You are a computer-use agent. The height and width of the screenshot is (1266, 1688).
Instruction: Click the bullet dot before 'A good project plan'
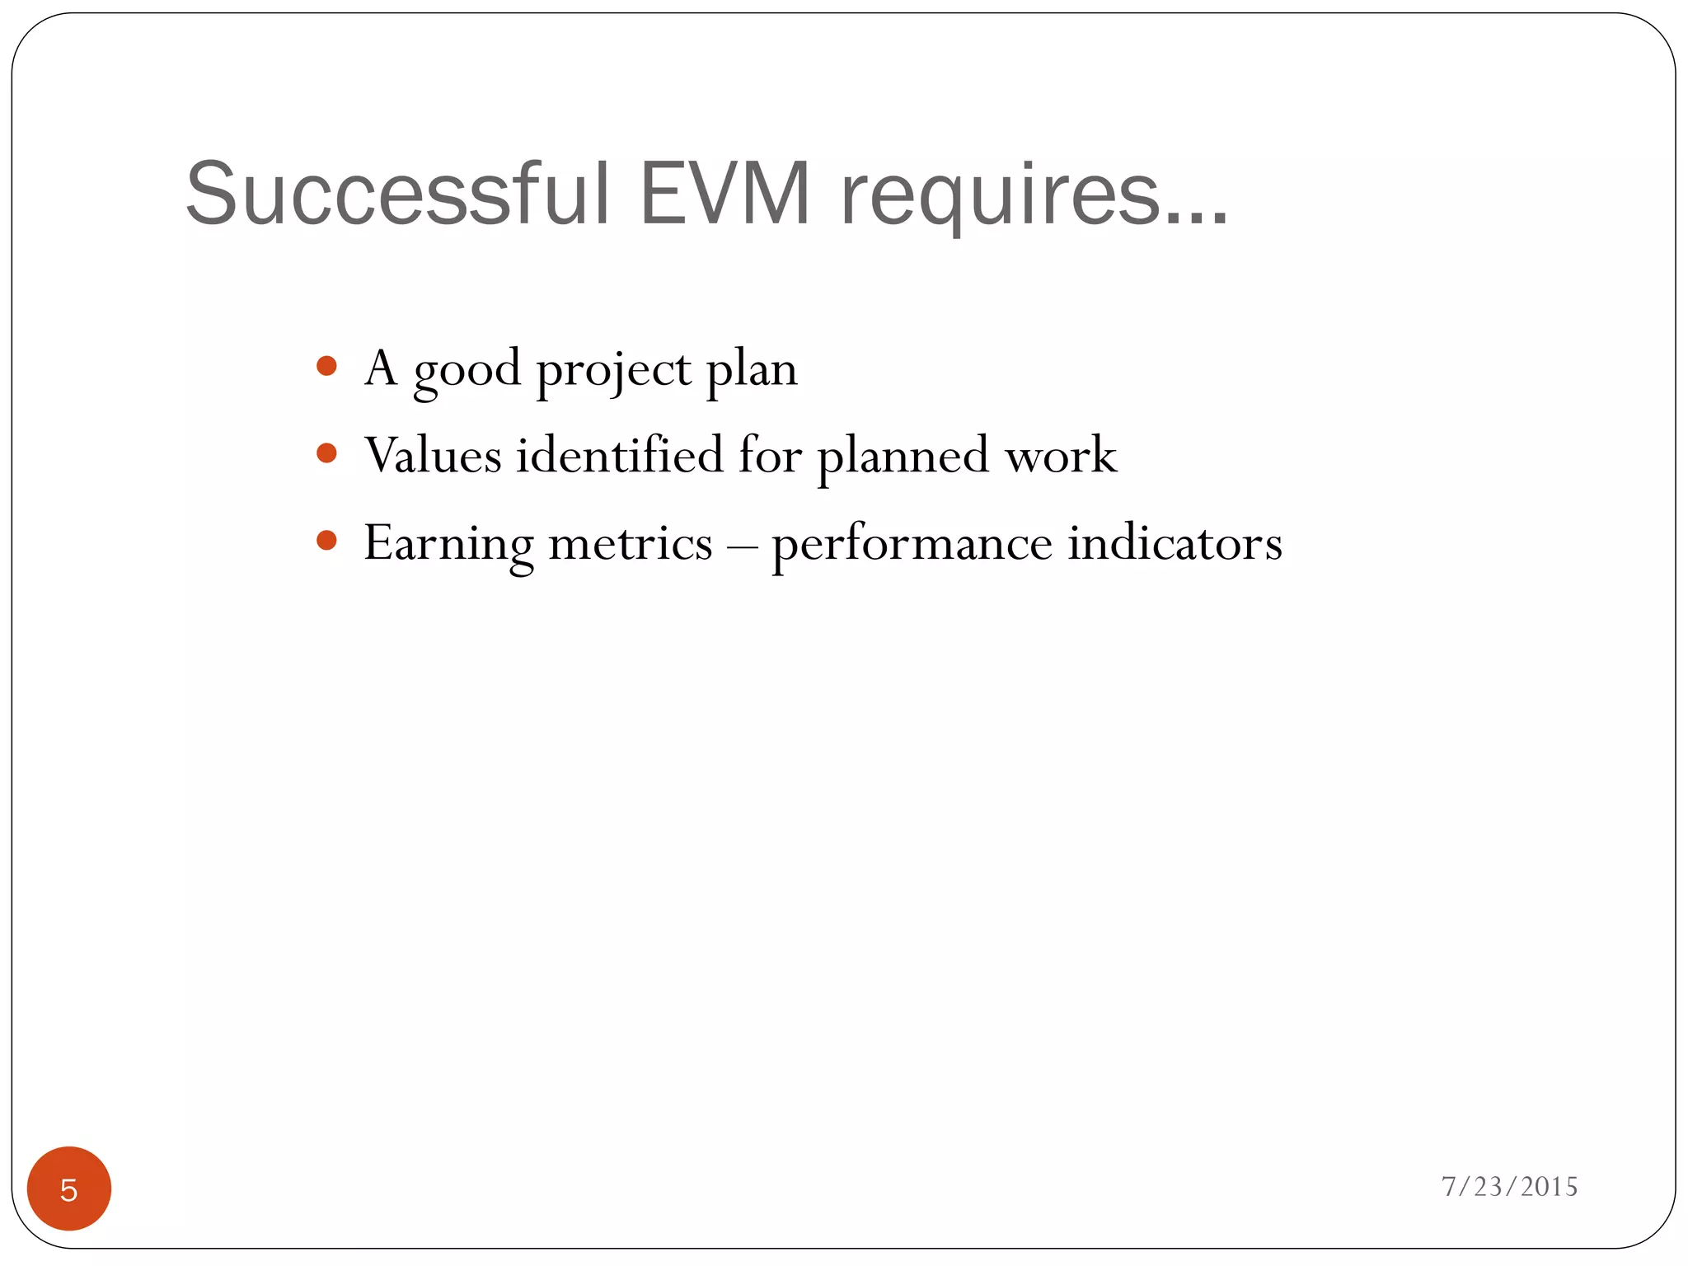click(x=327, y=366)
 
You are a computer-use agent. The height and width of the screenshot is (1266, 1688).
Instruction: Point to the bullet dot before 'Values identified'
click(x=327, y=453)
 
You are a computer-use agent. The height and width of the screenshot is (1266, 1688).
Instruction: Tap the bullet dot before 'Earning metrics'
click(x=327, y=541)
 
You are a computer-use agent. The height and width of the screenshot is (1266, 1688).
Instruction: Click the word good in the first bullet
click(x=467, y=370)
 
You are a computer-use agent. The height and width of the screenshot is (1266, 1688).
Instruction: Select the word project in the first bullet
click(x=613, y=370)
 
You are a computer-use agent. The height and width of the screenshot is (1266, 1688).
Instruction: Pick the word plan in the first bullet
click(x=752, y=370)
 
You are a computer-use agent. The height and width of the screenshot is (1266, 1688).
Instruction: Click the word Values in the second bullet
click(x=433, y=455)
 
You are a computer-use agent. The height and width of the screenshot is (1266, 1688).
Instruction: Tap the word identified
click(x=619, y=455)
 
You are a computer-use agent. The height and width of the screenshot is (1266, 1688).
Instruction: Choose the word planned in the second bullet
click(x=903, y=457)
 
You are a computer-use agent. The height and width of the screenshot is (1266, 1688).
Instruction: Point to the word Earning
click(x=448, y=544)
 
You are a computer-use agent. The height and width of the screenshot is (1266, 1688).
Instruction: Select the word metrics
click(x=630, y=544)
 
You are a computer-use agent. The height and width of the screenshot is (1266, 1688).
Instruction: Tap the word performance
click(x=912, y=546)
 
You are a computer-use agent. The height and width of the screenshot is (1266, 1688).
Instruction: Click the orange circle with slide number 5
click(x=69, y=1189)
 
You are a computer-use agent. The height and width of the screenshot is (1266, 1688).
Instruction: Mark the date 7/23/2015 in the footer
click(x=1509, y=1186)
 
